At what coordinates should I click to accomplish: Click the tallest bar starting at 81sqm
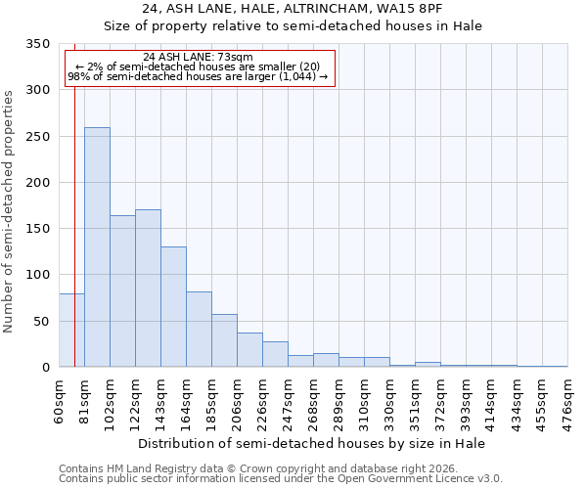97,246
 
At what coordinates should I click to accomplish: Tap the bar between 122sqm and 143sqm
148,289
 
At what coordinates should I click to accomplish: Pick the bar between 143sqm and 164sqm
173,307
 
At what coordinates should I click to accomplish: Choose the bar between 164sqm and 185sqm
199,330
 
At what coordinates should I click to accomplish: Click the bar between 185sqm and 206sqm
224,340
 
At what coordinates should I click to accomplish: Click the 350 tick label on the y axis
37,44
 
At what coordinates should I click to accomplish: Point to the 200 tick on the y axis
37,183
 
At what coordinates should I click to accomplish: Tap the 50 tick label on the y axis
41,322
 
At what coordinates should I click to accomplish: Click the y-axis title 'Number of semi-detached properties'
9,211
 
